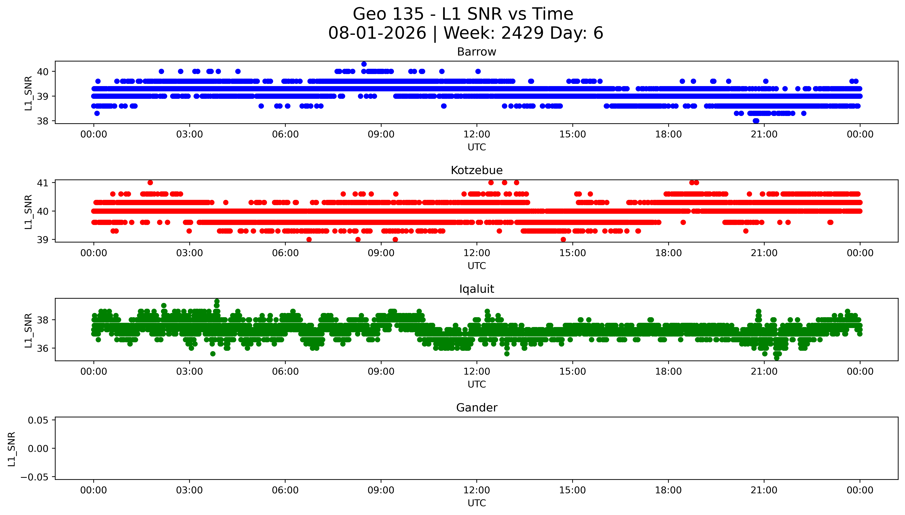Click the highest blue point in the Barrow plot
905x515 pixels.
364,64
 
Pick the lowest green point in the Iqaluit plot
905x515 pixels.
777,358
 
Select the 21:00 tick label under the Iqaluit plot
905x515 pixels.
764,372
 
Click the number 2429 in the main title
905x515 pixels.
522,33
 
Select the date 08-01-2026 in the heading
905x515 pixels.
377,33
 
